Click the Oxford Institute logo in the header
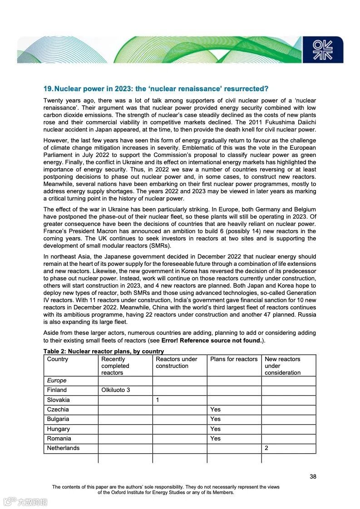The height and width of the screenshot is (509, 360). coord(323,50)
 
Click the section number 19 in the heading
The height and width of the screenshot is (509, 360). coord(49,88)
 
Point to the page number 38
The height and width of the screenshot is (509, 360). coord(313,476)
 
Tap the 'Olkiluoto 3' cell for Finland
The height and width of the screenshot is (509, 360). coord(116,390)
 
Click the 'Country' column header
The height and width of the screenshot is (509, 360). coord(58,359)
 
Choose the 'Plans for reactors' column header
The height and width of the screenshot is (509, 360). coord(234,359)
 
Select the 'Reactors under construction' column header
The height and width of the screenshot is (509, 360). coord(177,362)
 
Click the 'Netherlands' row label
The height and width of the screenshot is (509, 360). coord(63,448)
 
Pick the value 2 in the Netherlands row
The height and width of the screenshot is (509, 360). coord(266,448)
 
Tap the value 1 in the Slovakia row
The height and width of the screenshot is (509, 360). coord(158,400)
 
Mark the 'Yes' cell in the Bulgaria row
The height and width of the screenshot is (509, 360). coord(215,419)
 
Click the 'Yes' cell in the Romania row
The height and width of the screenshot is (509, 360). coord(215,439)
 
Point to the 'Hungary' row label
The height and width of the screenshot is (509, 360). coord(59,429)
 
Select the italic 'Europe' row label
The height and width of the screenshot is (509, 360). coord(57,381)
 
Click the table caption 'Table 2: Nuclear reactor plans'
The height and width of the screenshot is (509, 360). coord(104,352)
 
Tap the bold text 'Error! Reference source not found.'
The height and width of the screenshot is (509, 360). coord(212,341)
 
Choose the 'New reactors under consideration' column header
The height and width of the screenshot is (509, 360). coord(282,366)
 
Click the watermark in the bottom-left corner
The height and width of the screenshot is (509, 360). coord(26,502)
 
